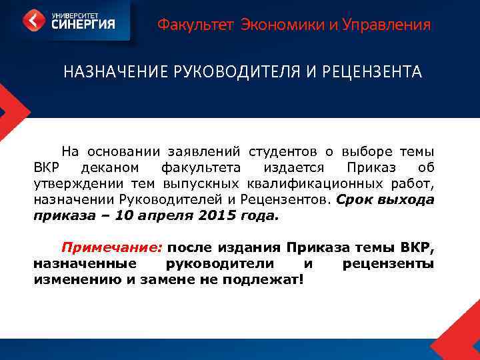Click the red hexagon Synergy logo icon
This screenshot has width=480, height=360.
(x=34, y=19)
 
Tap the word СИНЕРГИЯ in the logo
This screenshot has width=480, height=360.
(x=81, y=24)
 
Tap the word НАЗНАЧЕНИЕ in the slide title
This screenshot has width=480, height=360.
(x=111, y=72)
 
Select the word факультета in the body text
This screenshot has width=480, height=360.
(x=203, y=167)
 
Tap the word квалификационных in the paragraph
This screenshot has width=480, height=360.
(x=311, y=183)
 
